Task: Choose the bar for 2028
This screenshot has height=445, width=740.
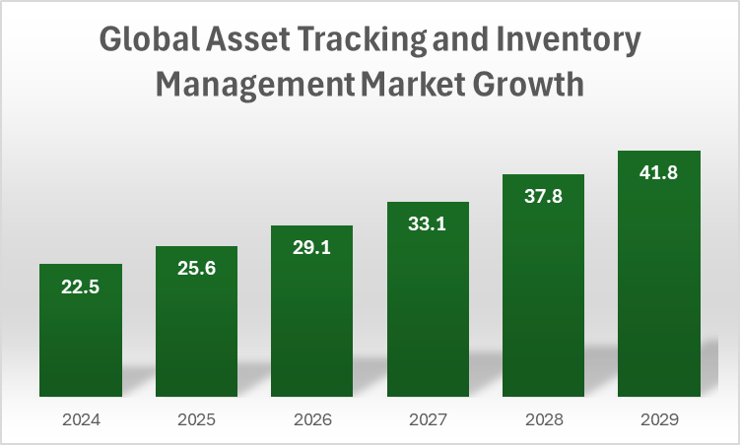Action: [x=543, y=295]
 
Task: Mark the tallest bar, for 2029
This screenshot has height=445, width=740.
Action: [x=658, y=286]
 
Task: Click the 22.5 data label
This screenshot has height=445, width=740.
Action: [x=81, y=287]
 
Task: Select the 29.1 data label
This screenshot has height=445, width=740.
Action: [x=311, y=248]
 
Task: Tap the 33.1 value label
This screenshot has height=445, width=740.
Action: [x=428, y=224]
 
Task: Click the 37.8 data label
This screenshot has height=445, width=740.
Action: [x=543, y=197]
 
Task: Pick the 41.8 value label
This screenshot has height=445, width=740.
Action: [x=658, y=173]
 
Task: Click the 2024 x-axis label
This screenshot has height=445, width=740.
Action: [x=81, y=419]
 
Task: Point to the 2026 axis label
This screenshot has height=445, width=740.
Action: [x=311, y=419]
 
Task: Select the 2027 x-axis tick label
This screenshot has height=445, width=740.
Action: [x=428, y=419]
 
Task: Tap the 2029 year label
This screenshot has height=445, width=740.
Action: [x=658, y=419]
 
